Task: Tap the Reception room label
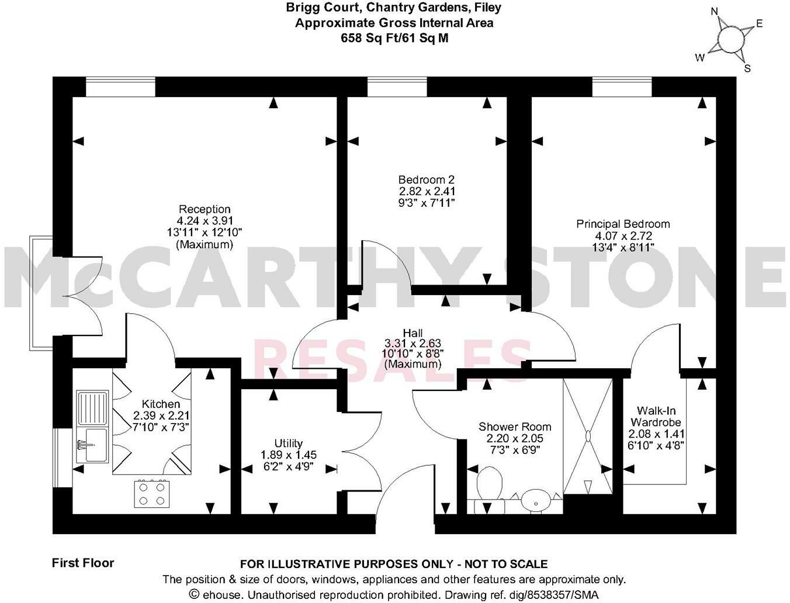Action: (205, 209)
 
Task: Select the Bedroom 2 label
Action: (427, 180)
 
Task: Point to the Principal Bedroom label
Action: (623, 224)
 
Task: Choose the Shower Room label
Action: (515, 427)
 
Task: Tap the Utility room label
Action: (289, 443)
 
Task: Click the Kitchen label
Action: (161, 404)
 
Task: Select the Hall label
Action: (413, 332)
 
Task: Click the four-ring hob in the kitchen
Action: (152, 493)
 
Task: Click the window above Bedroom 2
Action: (397, 86)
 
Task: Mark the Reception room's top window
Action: (120, 86)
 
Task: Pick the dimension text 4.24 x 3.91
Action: (205, 221)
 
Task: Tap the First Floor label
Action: (83, 563)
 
